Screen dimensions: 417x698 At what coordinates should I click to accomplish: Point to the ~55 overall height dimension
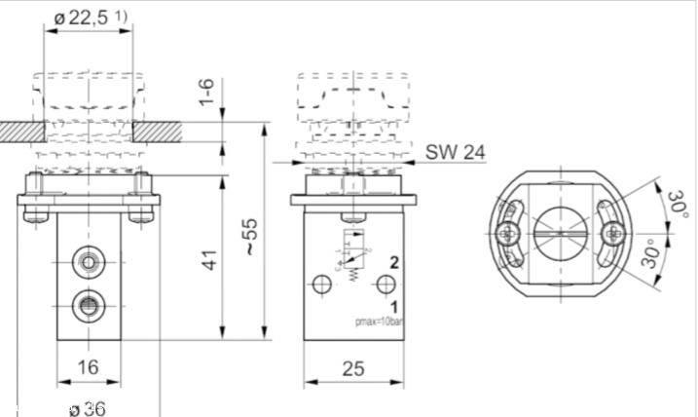pyautogui.click(x=251, y=235)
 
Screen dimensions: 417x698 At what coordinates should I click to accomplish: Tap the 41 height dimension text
pyautogui.click(x=207, y=259)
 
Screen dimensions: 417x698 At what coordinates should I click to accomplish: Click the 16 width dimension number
pyautogui.click(x=88, y=366)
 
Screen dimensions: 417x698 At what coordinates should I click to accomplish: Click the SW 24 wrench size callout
pyautogui.click(x=456, y=152)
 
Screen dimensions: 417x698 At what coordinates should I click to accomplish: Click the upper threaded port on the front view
pyautogui.click(x=88, y=261)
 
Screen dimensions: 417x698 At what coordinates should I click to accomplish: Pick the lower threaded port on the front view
pyautogui.click(x=88, y=299)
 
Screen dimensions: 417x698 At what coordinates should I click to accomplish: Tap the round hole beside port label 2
pyautogui.click(x=386, y=284)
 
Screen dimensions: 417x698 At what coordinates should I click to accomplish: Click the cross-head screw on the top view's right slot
pyautogui.click(x=611, y=232)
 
